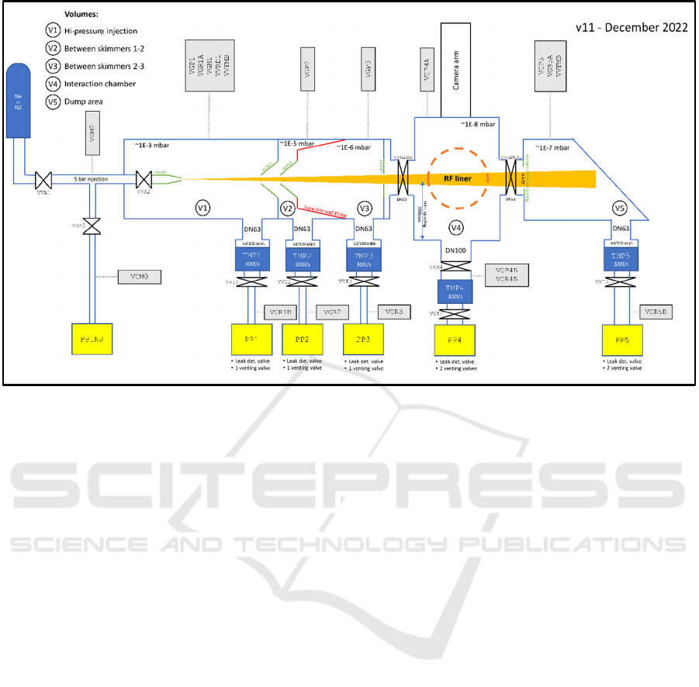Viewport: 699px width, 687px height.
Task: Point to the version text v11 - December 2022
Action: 631,27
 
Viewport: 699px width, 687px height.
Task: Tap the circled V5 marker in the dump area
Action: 618,207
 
